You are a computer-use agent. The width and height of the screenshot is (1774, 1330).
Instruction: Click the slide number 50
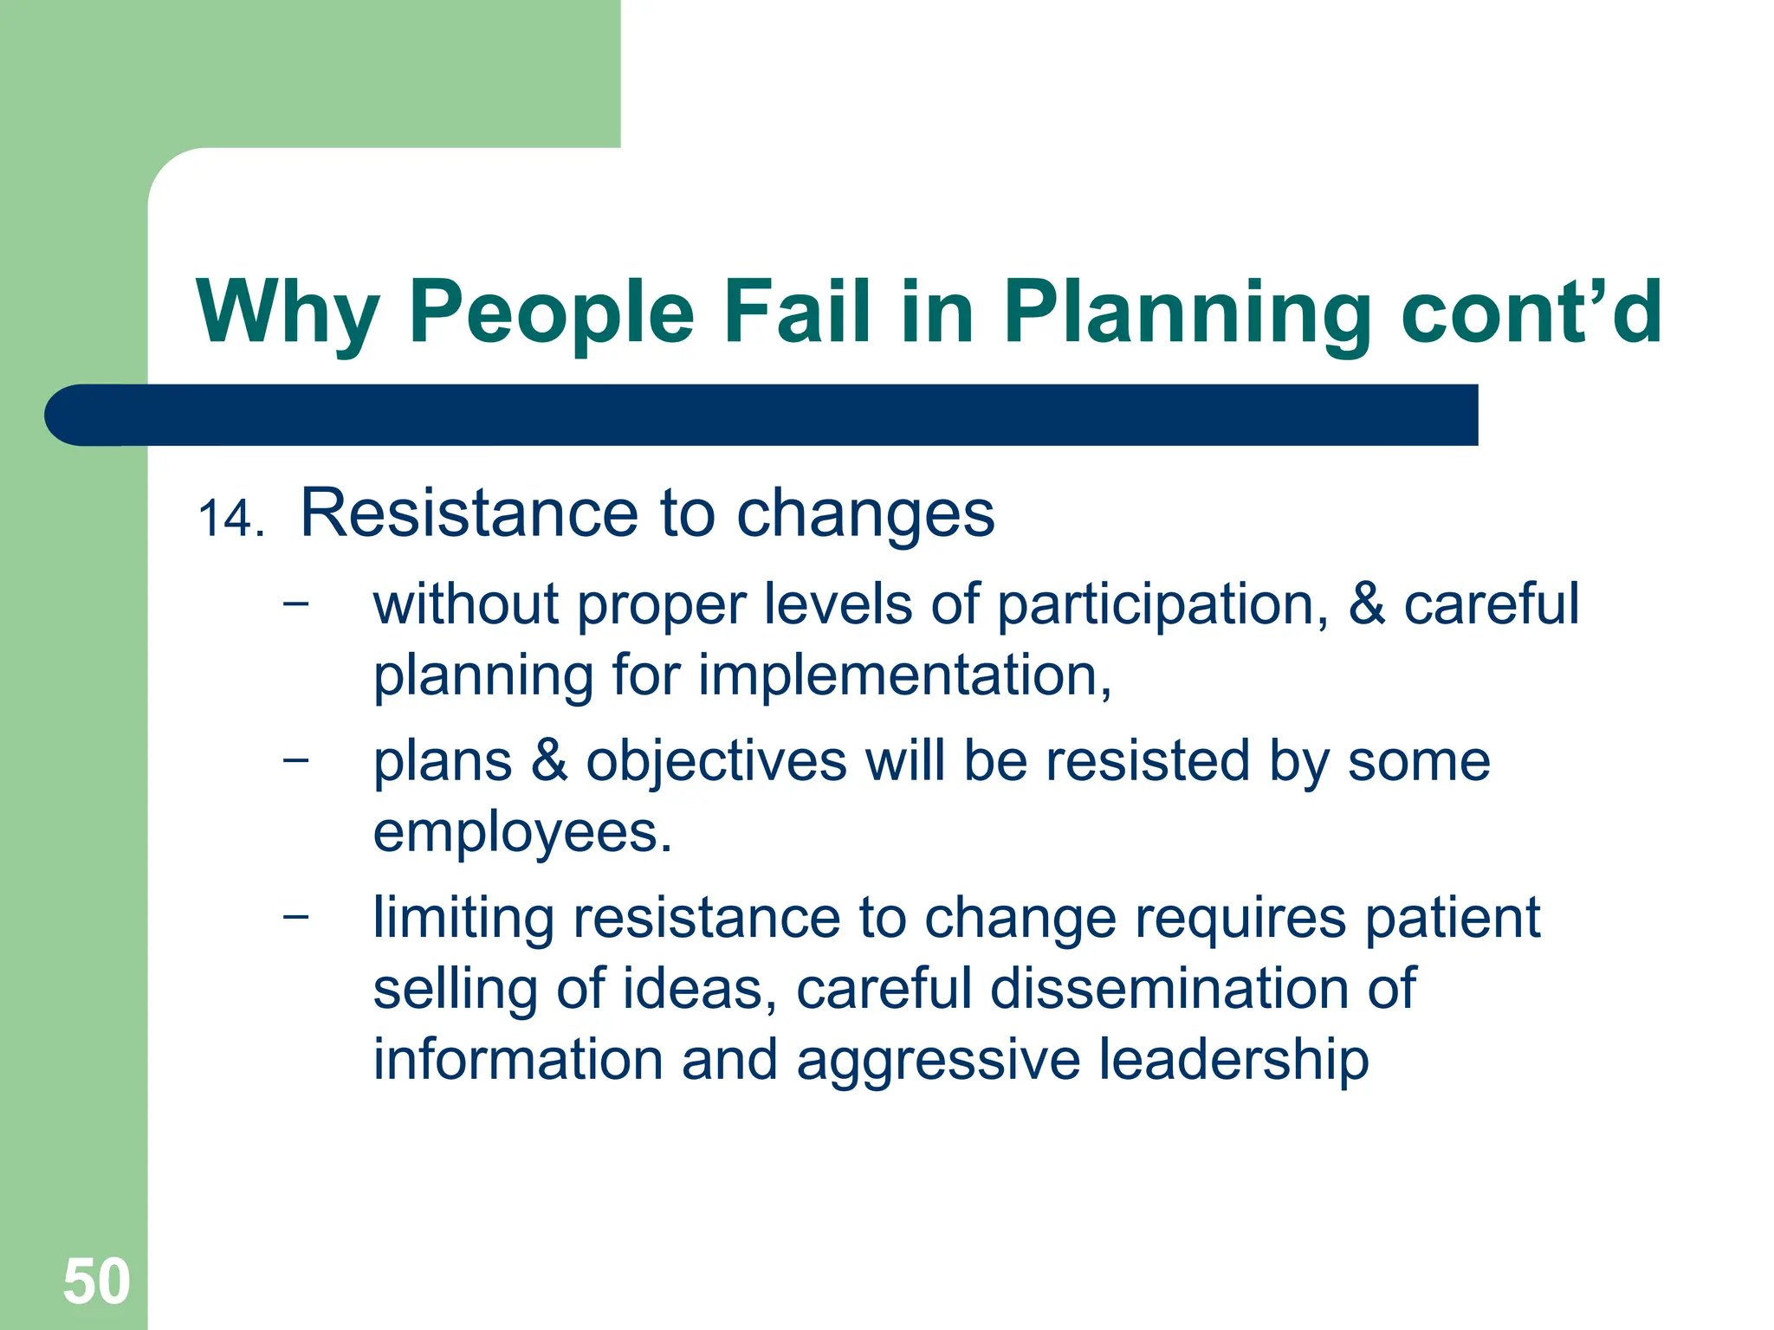click(96, 1282)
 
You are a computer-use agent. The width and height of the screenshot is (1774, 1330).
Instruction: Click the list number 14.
click(230, 520)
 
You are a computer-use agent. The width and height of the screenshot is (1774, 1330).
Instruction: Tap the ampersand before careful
click(1366, 604)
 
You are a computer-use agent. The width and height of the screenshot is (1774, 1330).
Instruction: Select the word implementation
click(904, 675)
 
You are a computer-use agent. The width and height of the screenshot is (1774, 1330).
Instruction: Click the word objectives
click(716, 762)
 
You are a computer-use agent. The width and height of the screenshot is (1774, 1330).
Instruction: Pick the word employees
click(521, 833)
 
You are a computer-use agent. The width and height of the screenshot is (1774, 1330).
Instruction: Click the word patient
click(1453, 917)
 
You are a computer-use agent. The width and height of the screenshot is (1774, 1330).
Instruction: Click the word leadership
click(1233, 1060)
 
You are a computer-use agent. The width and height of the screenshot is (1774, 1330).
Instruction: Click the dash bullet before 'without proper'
click(295, 603)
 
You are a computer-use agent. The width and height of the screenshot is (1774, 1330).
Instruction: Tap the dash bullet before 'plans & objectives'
click(295, 759)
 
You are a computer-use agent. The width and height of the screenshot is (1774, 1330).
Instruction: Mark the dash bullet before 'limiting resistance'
click(295, 916)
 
